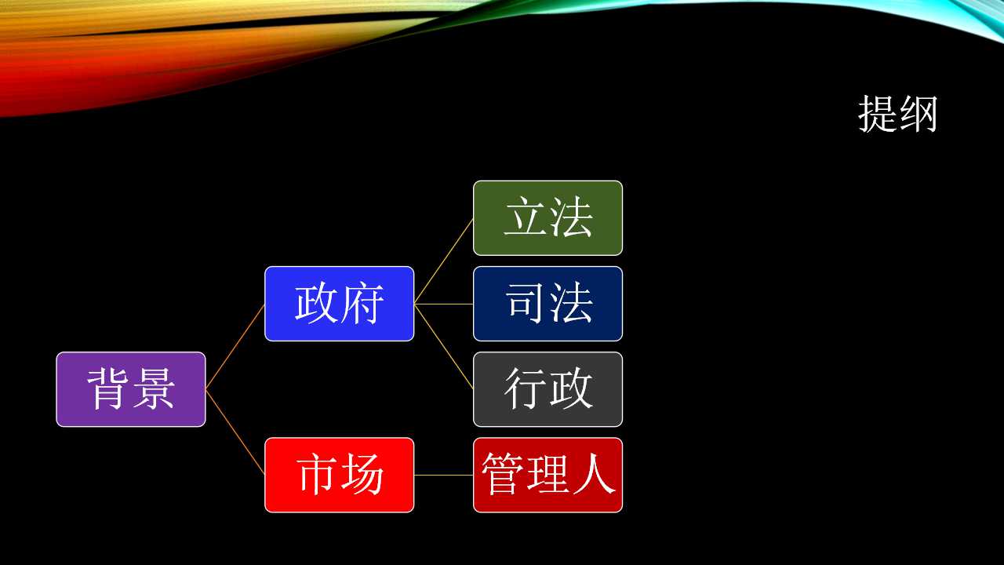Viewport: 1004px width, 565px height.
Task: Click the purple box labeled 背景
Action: click(131, 389)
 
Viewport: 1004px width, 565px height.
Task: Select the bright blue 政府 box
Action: click(340, 304)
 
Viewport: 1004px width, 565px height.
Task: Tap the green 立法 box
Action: click(547, 218)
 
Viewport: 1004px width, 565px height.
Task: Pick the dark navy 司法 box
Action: click(547, 304)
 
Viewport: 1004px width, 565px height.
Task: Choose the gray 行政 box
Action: click(547, 389)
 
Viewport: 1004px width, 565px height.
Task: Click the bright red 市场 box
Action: click(340, 475)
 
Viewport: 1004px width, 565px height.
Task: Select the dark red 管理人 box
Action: click(547, 475)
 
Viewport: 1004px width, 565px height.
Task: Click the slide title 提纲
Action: click(898, 114)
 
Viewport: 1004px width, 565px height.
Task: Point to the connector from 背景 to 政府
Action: click(235, 347)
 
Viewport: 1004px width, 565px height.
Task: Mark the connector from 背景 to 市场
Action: click(235, 432)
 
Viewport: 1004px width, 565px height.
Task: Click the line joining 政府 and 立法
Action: click(444, 261)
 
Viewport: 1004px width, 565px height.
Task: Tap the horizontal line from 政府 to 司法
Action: click(444, 304)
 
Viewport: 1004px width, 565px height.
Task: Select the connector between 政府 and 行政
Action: click(444, 347)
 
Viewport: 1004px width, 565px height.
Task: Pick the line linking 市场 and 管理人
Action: click(444, 475)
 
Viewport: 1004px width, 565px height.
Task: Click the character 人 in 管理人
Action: click(594, 474)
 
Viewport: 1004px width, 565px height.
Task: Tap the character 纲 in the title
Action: click(919, 114)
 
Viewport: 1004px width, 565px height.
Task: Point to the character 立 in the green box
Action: click(526, 217)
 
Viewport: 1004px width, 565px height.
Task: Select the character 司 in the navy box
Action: click(526, 303)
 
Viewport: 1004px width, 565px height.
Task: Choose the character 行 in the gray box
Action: click(526, 388)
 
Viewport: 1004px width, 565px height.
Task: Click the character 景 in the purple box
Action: click(153, 388)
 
